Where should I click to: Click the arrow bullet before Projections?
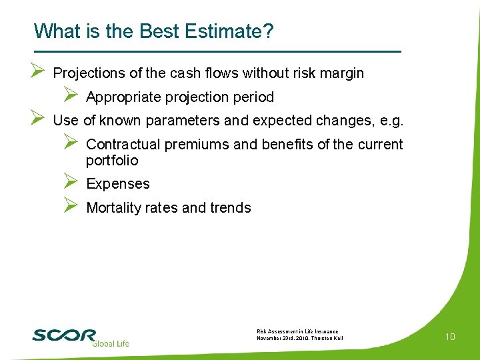pos(38,71)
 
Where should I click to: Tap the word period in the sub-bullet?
pos(253,97)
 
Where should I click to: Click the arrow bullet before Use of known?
pos(38,119)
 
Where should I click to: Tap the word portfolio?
pos(112,161)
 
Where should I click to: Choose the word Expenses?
pos(118,184)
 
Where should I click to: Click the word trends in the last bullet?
pos(230,208)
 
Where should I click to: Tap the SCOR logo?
pos(65,335)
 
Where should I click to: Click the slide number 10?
pos(450,337)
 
